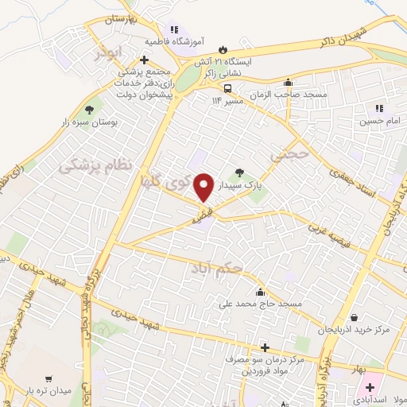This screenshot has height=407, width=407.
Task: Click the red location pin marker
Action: [205, 187]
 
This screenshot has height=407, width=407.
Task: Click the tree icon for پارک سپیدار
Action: [240, 172]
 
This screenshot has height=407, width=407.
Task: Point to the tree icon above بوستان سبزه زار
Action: [88, 111]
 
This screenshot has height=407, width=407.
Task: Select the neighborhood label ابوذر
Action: [109, 56]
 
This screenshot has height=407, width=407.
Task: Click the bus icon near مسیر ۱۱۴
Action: [228, 88]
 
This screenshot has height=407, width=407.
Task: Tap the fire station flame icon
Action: [221, 46]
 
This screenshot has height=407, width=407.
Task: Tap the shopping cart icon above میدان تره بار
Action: [49, 379]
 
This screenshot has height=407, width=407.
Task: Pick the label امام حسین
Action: [375, 121]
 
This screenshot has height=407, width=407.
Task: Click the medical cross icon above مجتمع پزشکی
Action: [144, 59]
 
